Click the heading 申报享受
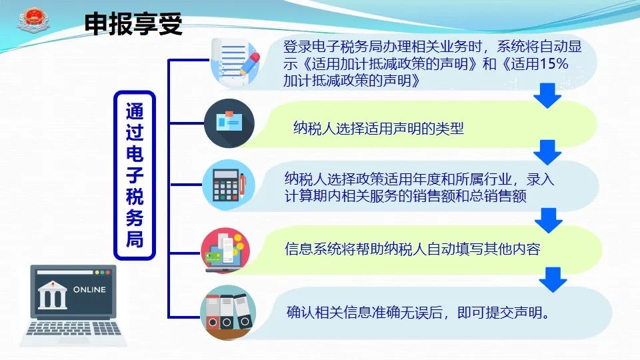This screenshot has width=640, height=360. click(x=133, y=24)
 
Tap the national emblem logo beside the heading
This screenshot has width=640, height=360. click(x=33, y=21)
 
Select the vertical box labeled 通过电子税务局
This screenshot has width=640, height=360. click(x=135, y=175)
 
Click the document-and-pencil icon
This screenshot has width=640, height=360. click(x=235, y=62)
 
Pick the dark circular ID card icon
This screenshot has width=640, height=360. click(x=229, y=123)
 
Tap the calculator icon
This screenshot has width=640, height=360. click(x=229, y=185)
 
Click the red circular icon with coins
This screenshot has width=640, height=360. click(x=225, y=250)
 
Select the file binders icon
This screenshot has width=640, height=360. click(x=228, y=312)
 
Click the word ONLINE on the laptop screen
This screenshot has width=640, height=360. click(x=89, y=289)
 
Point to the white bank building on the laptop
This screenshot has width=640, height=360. click(x=52, y=295)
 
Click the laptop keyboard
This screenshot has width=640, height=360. click(x=74, y=328)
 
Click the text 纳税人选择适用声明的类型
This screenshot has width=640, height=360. click(x=379, y=128)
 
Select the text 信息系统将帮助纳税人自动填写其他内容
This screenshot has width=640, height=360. click(x=412, y=249)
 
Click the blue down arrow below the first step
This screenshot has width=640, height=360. click(x=547, y=95)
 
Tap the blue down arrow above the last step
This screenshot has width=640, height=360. click(x=553, y=279)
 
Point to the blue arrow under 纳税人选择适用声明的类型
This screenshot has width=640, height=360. click(x=547, y=152)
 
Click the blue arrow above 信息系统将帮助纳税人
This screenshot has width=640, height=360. click(x=549, y=221)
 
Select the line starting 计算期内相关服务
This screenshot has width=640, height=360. click(x=405, y=196)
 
